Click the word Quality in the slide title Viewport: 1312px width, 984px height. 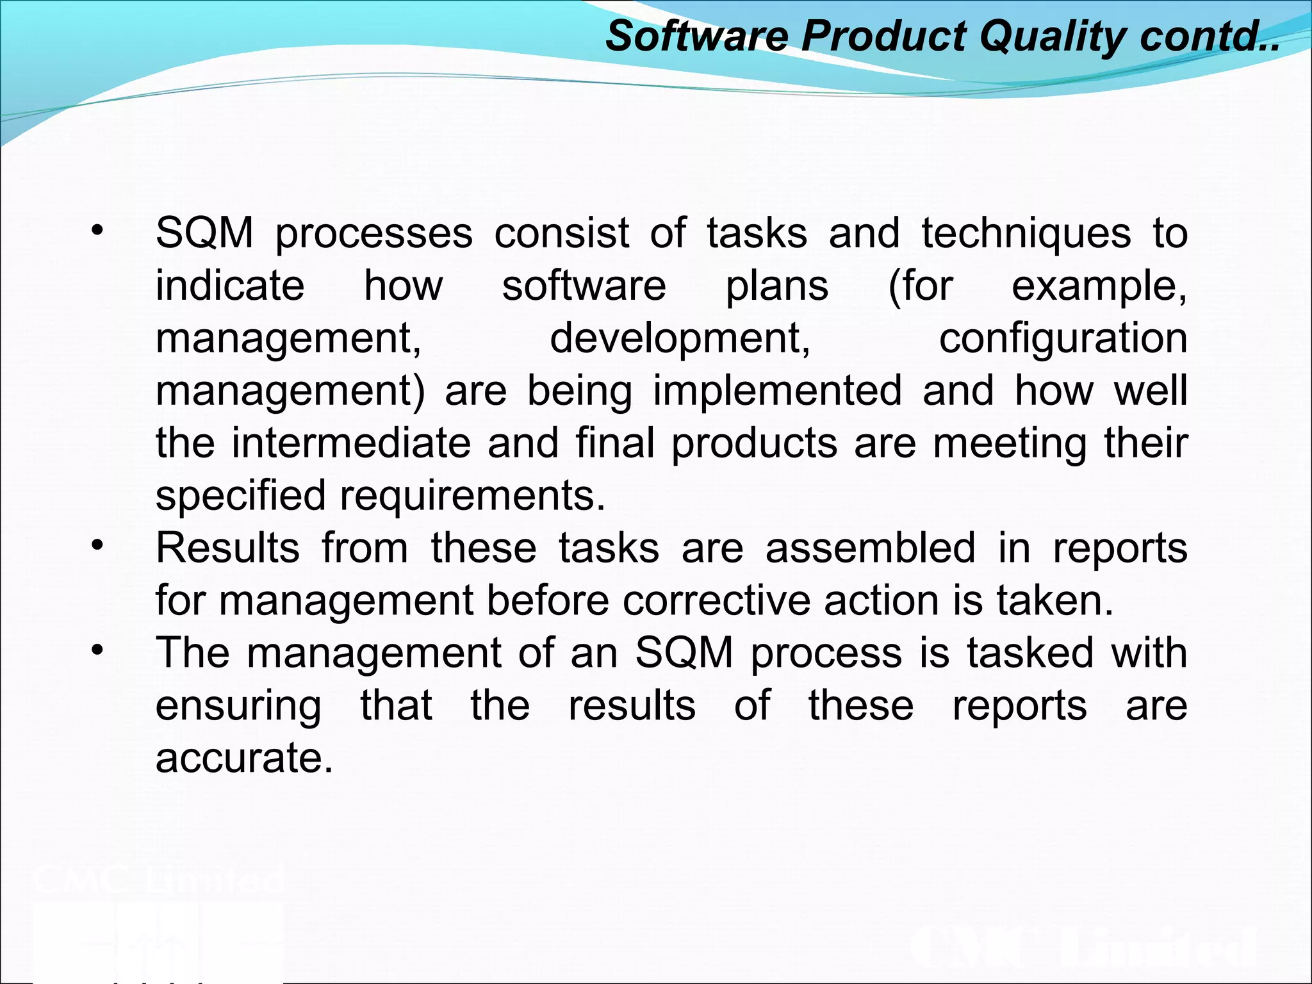pos(1051,36)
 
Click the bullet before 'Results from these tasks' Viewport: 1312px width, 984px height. pos(97,546)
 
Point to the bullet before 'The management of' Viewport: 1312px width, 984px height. pos(97,651)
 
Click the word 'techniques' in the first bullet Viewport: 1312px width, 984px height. pos(1026,233)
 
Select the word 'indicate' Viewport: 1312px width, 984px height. pos(230,286)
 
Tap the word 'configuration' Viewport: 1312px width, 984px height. pos(1063,338)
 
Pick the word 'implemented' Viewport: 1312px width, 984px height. pos(777,391)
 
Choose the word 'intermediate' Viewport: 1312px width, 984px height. pos(350,443)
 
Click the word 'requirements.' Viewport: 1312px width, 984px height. pos(472,496)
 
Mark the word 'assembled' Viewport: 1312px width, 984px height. pos(871,548)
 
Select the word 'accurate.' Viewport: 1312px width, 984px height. pos(244,758)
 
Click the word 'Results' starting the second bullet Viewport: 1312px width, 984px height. pos(227,548)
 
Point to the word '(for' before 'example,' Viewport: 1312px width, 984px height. pos(921,286)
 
